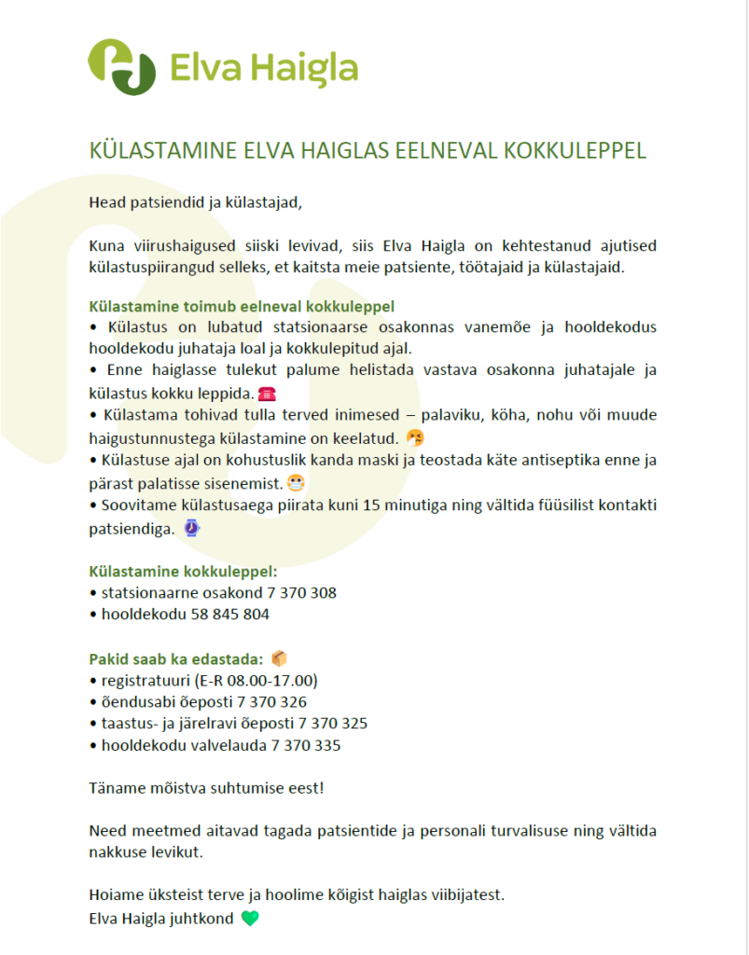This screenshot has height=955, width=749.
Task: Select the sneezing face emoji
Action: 416,437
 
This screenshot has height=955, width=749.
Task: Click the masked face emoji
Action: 297,483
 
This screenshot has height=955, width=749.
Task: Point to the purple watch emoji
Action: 191,528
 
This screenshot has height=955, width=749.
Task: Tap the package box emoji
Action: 279,658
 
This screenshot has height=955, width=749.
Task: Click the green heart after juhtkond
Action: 249,918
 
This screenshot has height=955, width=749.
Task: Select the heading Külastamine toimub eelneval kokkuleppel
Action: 242,306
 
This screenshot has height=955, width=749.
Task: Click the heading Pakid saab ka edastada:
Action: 175,658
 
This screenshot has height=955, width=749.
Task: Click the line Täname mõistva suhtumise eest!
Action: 206,787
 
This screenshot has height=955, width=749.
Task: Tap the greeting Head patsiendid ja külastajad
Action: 196,201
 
